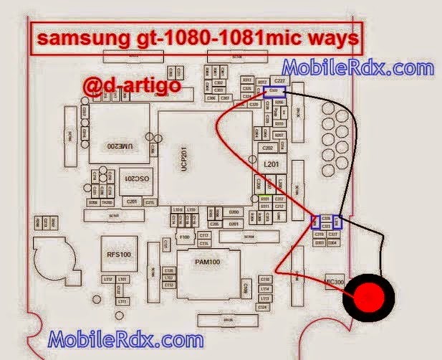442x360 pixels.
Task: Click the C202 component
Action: tap(268, 148)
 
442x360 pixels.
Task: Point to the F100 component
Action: tap(184, 236)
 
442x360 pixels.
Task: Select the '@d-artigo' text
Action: tap(129, 88)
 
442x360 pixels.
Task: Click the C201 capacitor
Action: tap(132, 202)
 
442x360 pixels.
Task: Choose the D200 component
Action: tap(233, 213)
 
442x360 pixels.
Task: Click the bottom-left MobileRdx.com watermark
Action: tap(122, 338)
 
